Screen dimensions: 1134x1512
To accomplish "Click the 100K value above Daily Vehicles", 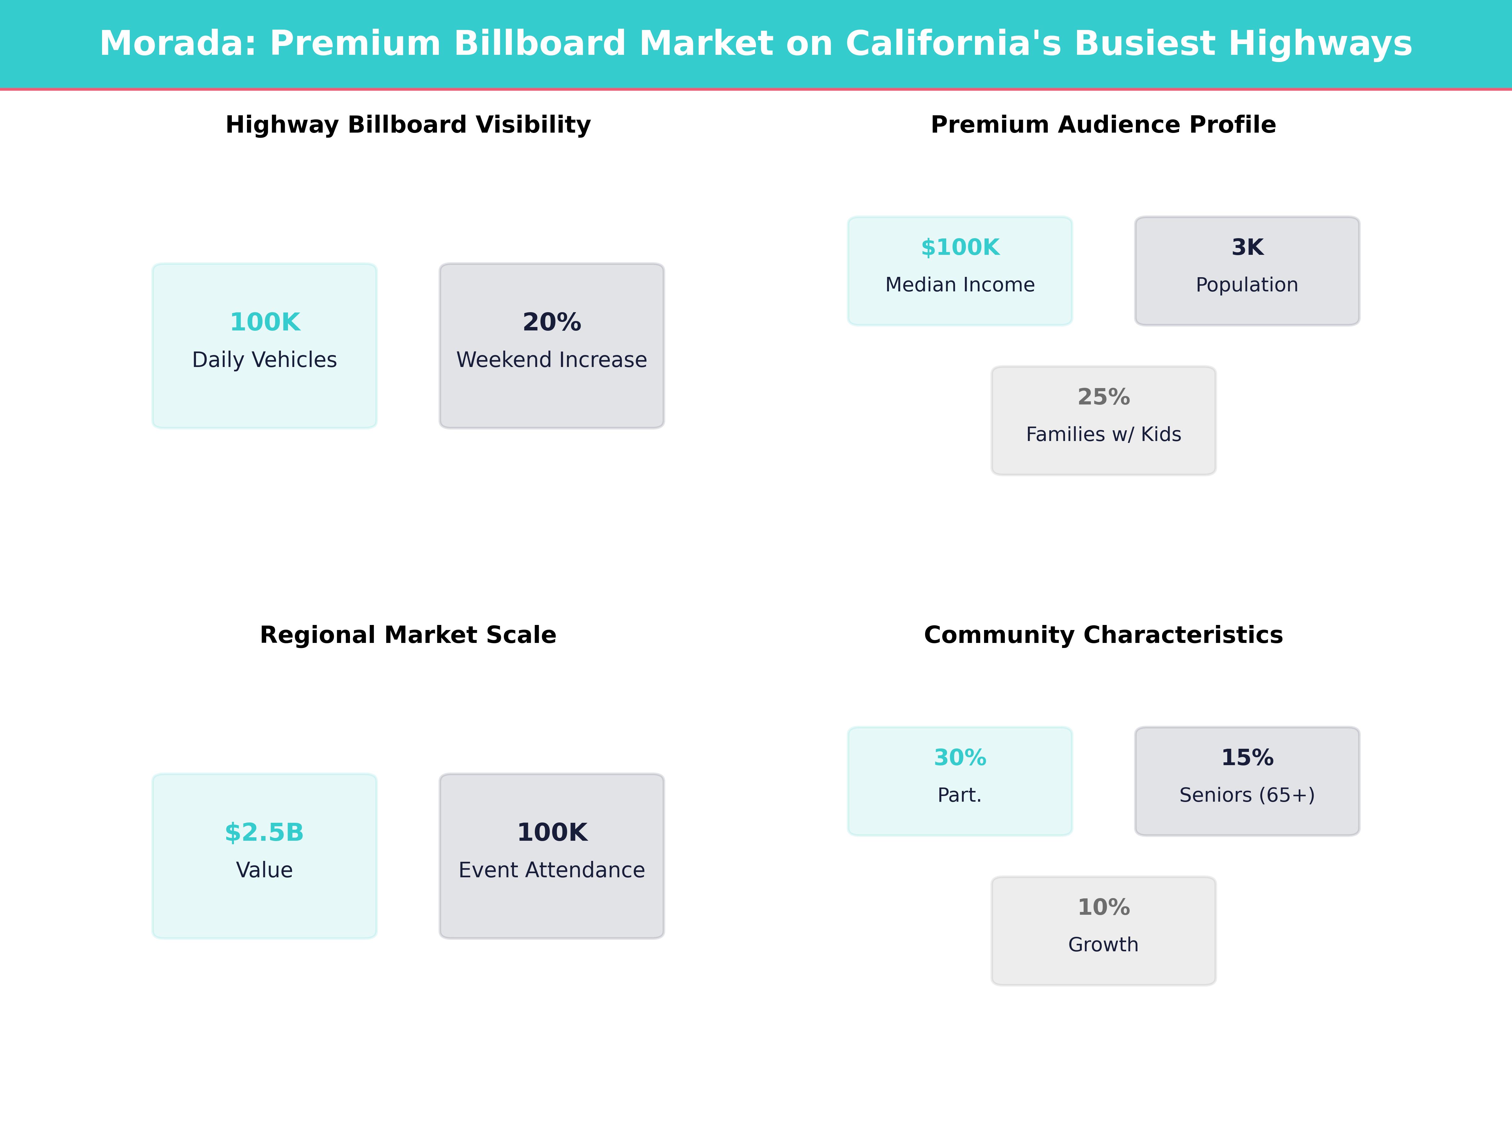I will [x=265, y=322].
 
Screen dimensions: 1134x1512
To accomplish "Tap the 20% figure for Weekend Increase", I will [x=552, y=322].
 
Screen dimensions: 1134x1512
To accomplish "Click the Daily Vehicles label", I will [x=265, y=359].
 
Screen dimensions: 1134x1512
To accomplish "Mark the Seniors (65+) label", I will [x=1247, y=795].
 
